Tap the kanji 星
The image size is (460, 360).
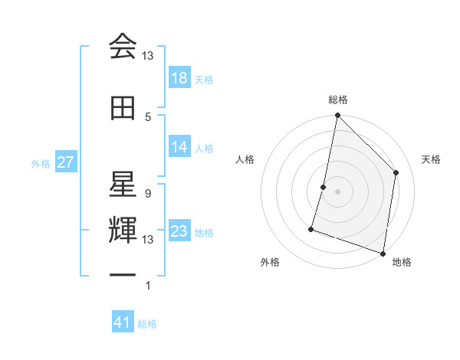click(123, 182)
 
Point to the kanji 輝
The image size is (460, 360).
click(123, 230)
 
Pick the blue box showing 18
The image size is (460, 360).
click(179, 78)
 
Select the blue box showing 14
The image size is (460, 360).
click(179, 147)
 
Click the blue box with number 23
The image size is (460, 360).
click(179, 232)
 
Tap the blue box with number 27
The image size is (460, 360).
click(65, 162)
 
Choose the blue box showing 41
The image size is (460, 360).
click(123, 322)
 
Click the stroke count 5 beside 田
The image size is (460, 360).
click(148, 116)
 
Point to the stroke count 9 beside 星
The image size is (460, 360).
click(147, 193)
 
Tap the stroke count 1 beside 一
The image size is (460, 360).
click(147, 286)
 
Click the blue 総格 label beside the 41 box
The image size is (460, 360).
click(147, 324)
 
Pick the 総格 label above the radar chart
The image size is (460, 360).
click(337, 100)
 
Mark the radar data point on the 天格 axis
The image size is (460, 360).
click(396, 172)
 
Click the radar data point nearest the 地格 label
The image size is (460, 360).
click(383, 253)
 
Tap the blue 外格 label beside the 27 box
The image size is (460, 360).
click(40, 163)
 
